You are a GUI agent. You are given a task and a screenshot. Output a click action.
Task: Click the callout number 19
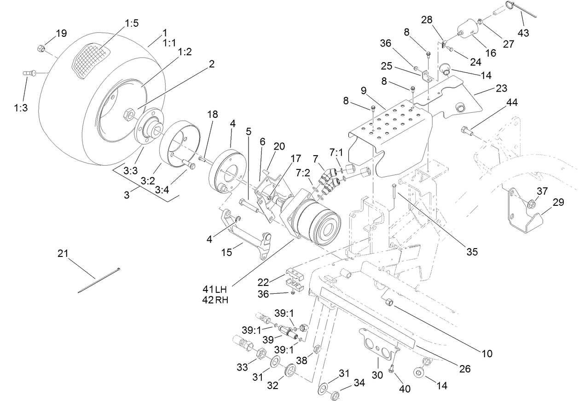[x=61, y=33]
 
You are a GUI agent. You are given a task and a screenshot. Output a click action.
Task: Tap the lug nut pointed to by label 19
[x=41, y=48]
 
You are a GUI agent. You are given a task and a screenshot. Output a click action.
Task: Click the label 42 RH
[x=215, y=300]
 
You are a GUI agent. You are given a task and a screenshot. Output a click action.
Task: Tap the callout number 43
[x=523, y=33]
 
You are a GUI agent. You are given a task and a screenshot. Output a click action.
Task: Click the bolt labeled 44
[x=466, y=131]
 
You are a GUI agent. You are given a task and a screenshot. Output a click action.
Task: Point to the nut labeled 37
[x=530, y=204]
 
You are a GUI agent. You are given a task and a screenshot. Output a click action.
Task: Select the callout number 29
[x=558, y=202]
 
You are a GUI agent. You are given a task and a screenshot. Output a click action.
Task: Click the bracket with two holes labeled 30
[x=375, y=343]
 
